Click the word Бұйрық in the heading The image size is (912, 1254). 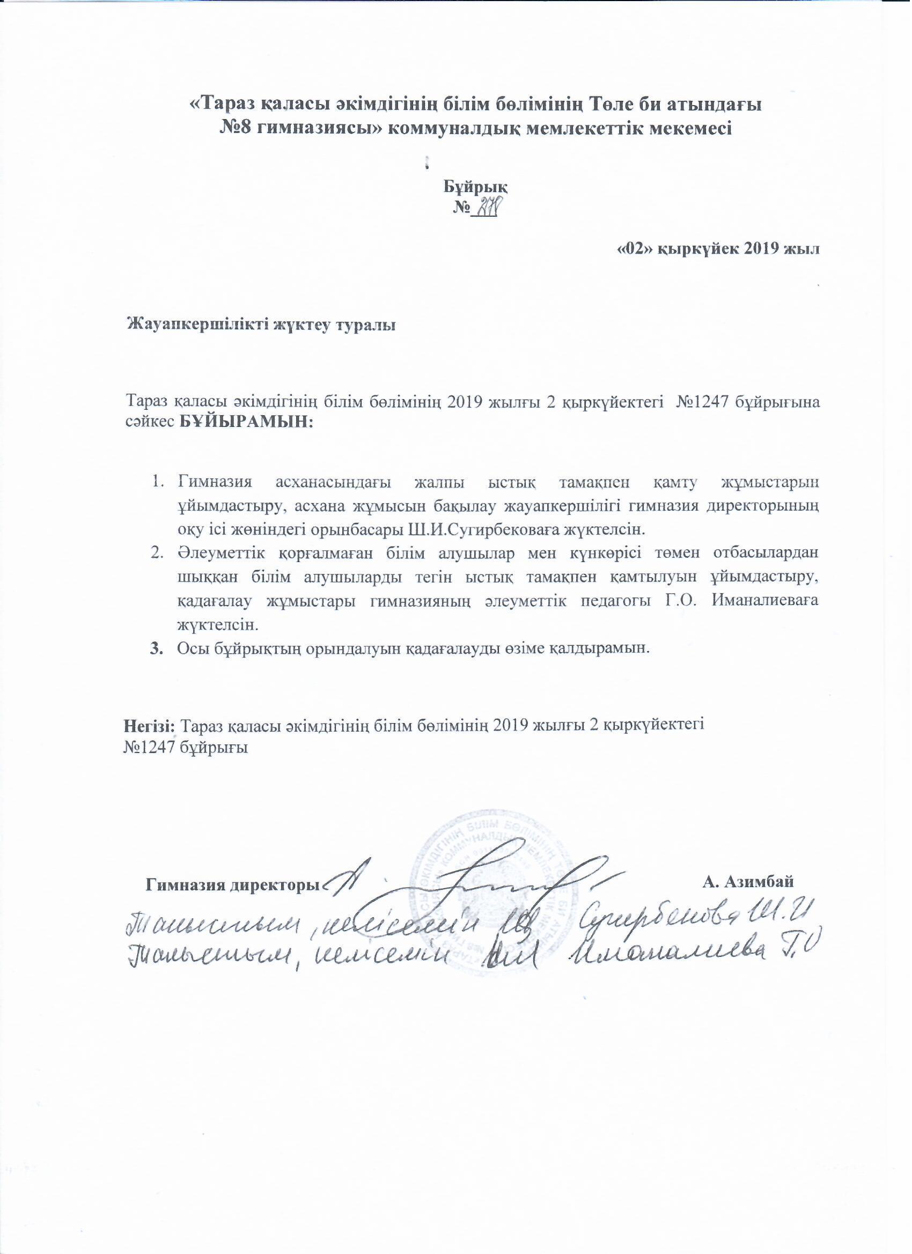click(x=477, y=186)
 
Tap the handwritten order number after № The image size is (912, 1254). click(x=488, y=209)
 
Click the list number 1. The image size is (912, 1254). click(x=157, y=482)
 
